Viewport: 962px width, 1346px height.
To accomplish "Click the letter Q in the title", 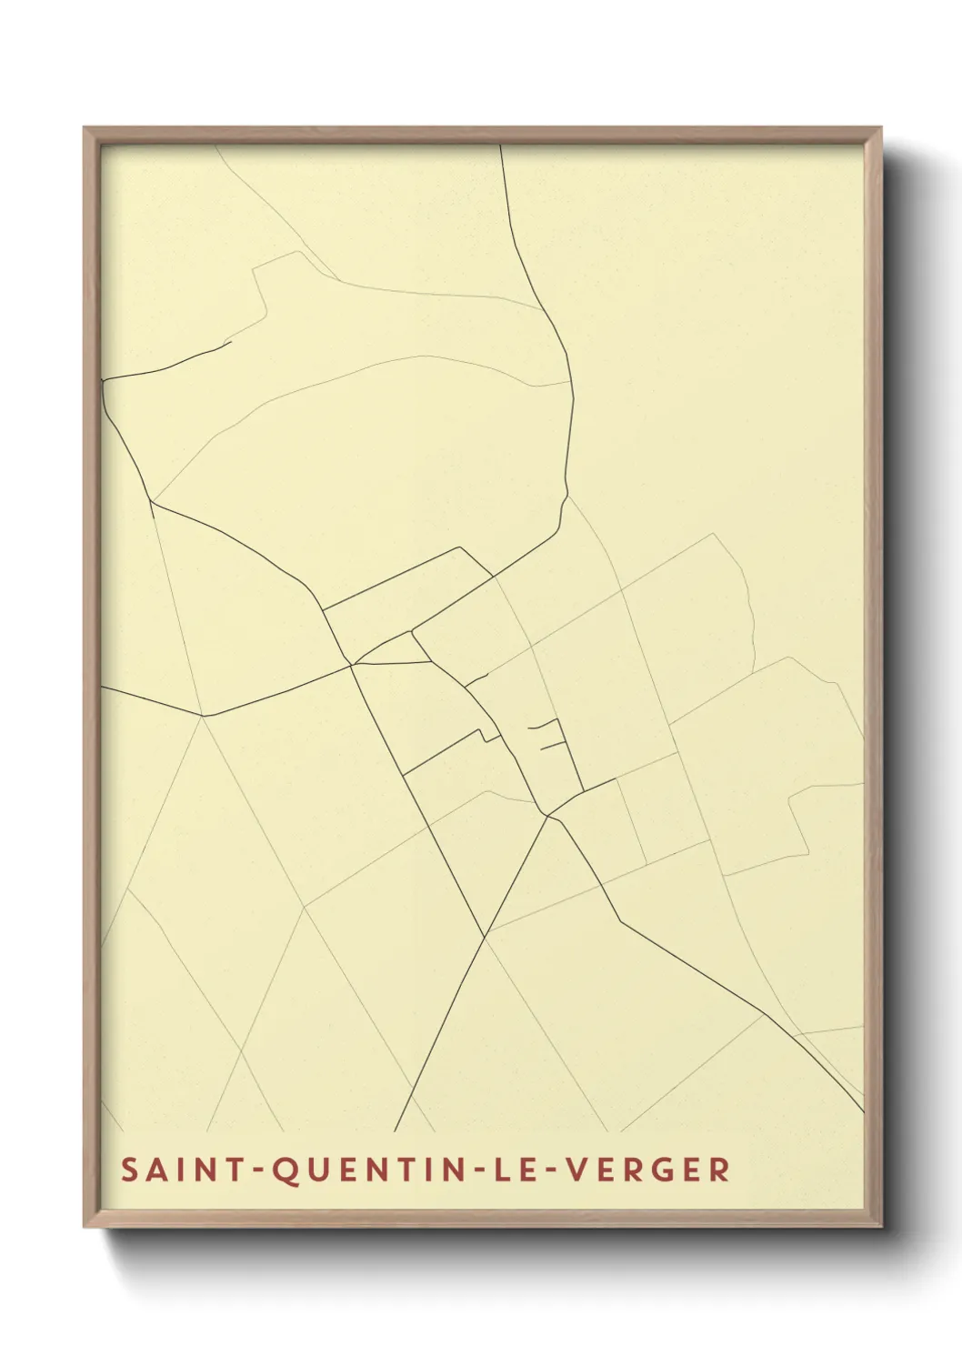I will (285, 1170).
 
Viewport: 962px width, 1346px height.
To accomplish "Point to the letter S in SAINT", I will (129, 1170).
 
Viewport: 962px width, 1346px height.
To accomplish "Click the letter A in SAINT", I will (155, 1170).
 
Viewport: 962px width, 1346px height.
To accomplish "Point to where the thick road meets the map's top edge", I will (501, 146).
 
